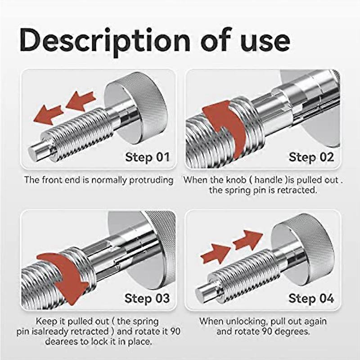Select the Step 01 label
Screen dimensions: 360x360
point(147,157)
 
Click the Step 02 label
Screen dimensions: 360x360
point(311,157)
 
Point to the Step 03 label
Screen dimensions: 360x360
point(147,298)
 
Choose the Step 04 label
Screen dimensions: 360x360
point(311,298)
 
